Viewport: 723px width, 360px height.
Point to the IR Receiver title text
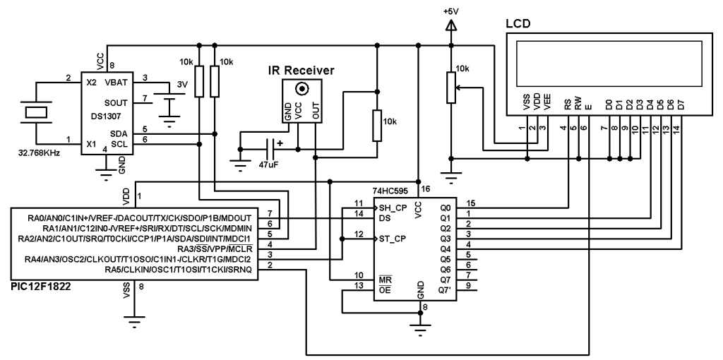[301, 71]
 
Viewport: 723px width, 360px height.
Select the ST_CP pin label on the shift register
[391, 239]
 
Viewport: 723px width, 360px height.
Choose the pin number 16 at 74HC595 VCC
[425, 190]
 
